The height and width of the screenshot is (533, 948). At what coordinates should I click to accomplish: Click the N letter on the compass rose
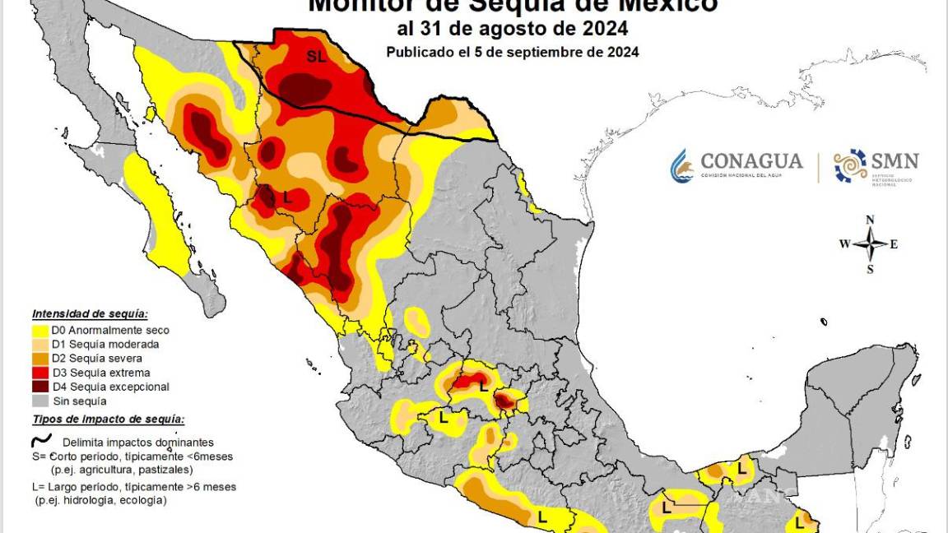[x=870, y=220]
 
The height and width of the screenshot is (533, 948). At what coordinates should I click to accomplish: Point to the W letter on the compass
[x=844, y=244]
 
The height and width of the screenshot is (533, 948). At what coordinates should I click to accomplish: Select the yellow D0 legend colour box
[x=39, y=330]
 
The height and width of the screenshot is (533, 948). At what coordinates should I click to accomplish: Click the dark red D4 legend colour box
[x=39, y=387]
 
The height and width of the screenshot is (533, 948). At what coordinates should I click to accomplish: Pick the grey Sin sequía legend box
[x=39, y=401]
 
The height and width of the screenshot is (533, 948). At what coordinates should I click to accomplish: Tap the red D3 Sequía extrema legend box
[x=39, y=373]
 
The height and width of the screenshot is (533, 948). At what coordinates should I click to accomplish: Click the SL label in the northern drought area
[x=316, y=57]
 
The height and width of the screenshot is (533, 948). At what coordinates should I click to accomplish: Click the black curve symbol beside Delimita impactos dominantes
[x=41, y=441]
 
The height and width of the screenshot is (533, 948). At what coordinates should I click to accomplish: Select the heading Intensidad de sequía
[x=90, y=314]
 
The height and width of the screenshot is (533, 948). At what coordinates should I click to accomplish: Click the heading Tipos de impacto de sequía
[x=108, y=419]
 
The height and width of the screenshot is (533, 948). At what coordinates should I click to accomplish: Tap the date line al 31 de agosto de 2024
[x=512, y=29]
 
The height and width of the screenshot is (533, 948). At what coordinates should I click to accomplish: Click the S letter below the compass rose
[x=870, y=269]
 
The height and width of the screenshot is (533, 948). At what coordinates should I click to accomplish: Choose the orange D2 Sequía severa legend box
[x=39, y=359]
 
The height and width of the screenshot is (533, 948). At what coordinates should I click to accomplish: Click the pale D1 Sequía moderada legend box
[x=39, y=345]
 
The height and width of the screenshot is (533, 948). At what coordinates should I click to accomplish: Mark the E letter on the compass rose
[x=894, y=244]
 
